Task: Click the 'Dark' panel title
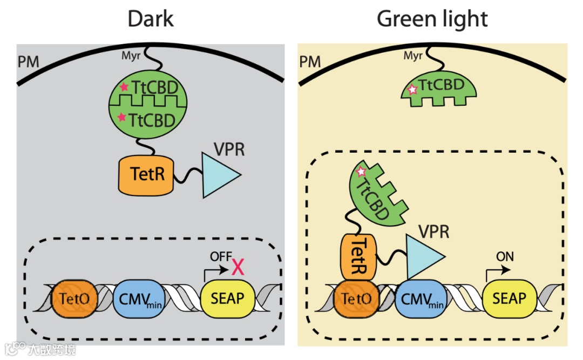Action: point(151,19)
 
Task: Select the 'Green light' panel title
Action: point(432,20)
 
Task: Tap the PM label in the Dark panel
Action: point(28,62)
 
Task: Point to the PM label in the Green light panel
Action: point(310,62)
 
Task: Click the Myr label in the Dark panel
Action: point(131,56)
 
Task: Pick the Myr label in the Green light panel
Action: point(413,56)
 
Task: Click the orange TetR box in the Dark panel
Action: point(146,175)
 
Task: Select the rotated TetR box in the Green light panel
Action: point(358,257)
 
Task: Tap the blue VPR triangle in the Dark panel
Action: point(219,175)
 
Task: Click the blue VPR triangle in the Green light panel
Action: point(423,256)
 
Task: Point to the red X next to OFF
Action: point(238,267)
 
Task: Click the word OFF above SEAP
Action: point(221,256)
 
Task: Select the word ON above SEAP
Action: point(505,256)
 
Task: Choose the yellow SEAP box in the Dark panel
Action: point(228,298)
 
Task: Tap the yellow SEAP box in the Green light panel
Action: point(510,298)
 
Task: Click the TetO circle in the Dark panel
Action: point(74,298)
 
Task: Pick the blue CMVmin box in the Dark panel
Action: point(139,298)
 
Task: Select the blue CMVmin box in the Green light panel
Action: point(421,298)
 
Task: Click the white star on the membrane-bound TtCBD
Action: point(412,90)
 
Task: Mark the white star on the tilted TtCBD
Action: point(361,172)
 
